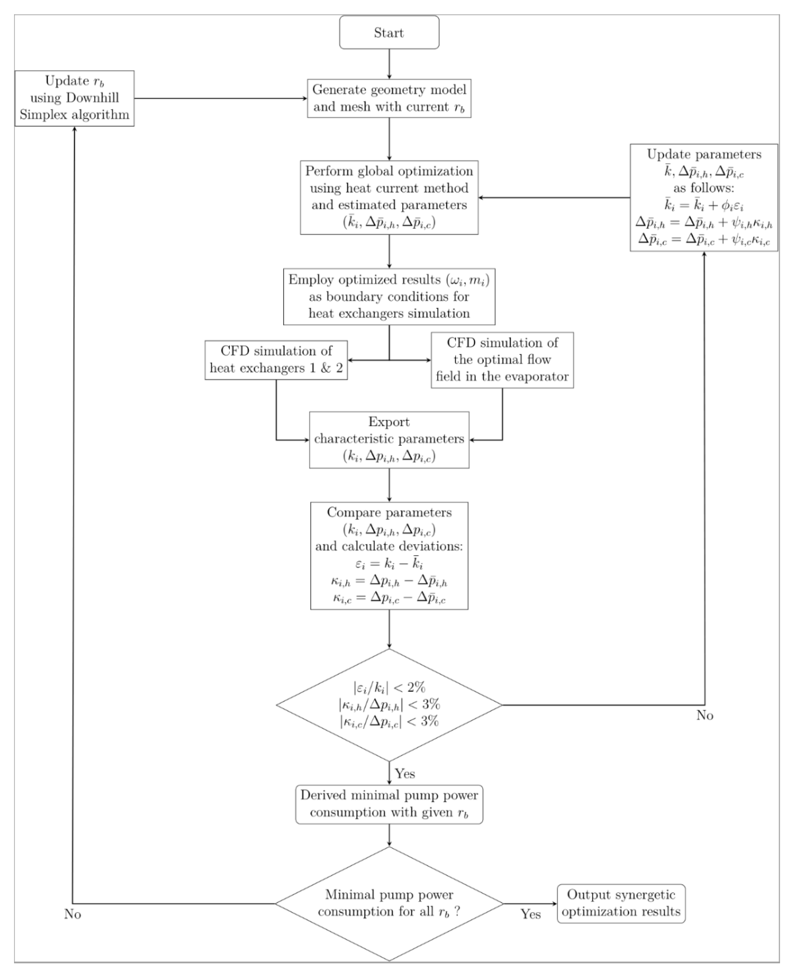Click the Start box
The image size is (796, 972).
(x=389, y=32)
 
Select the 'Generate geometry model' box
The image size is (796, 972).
(x=389, y=98)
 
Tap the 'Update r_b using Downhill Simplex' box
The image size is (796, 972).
(x=74, y=98)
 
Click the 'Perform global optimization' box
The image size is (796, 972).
(x=389, y=197)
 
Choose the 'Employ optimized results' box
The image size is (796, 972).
(x=389, y=296)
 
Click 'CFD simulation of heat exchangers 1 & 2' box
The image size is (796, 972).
(x=276, y=360)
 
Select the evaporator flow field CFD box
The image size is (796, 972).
(x=502, y=360)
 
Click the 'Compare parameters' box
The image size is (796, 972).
(x=389, y=555)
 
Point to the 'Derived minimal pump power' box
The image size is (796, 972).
(x=389, y=804)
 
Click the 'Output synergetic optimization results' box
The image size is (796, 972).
(x=621, y=903)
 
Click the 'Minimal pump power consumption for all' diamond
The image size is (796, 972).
(x=389, y=903)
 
